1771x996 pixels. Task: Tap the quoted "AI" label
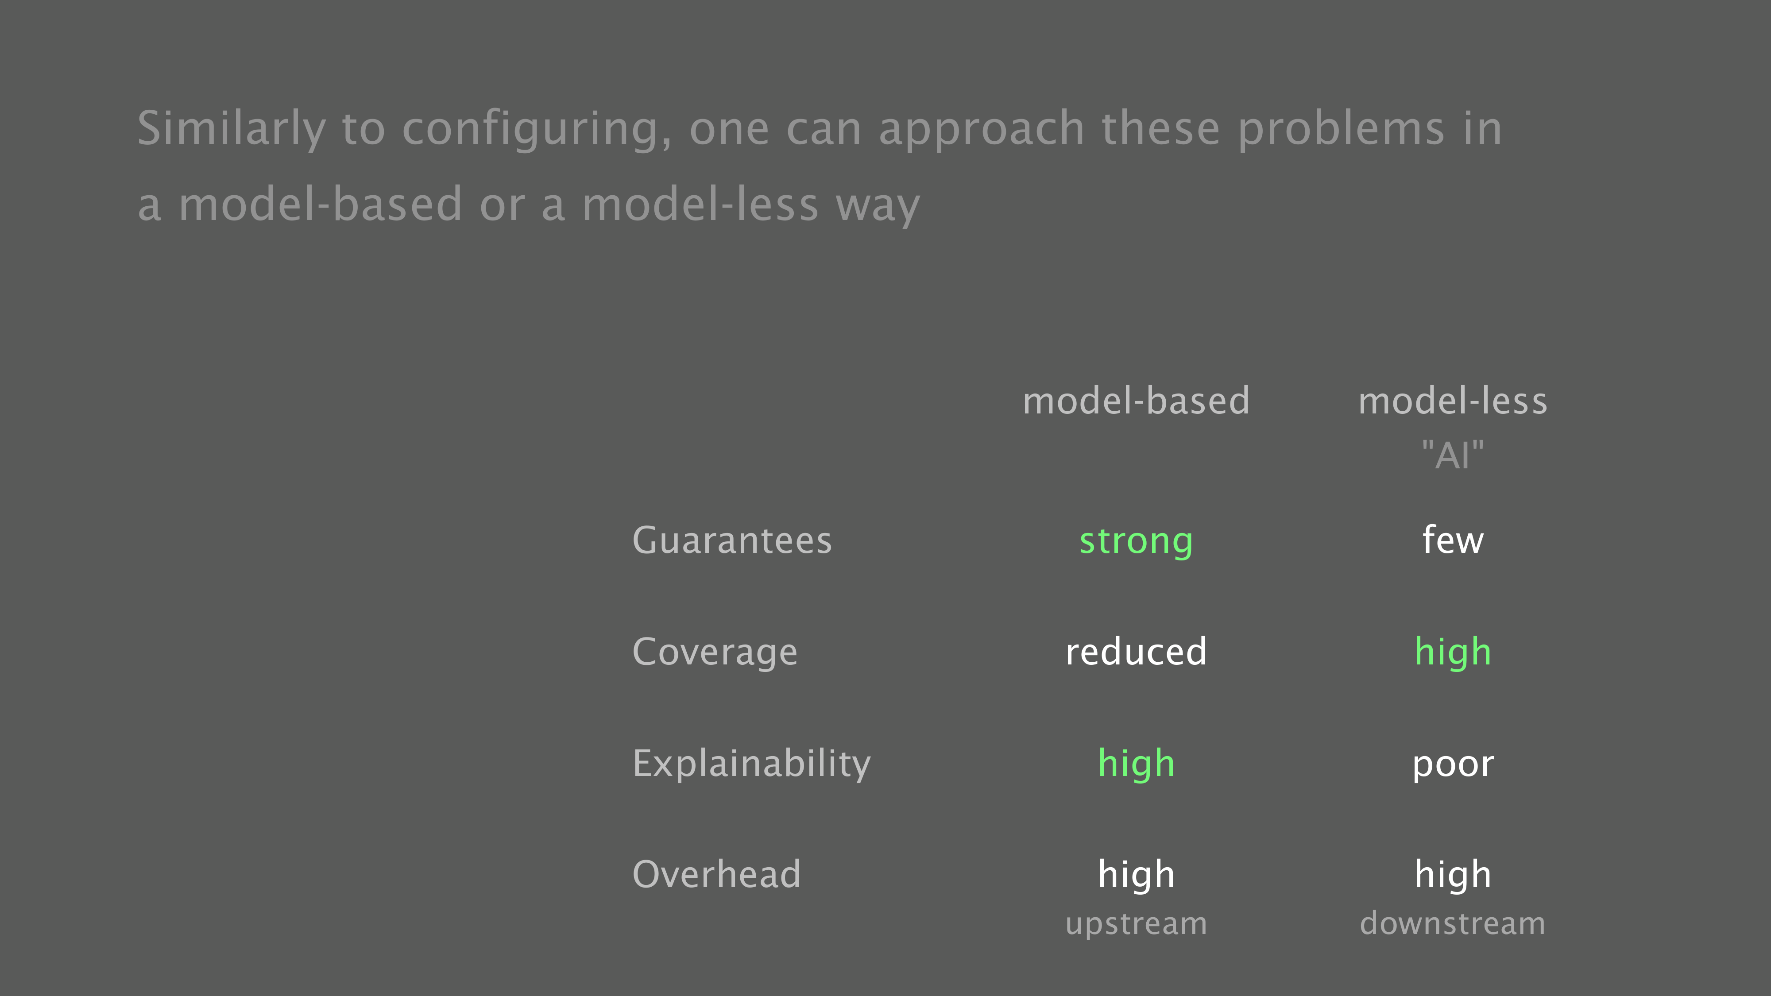tap(1453, 455)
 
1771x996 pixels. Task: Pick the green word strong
tap(1136, 542)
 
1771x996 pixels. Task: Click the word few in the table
tap(1453, 540)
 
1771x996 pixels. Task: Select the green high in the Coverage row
tap(1453, 653)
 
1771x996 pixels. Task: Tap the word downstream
tap(1453, 923)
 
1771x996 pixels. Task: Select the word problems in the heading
tap(1341, 129)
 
